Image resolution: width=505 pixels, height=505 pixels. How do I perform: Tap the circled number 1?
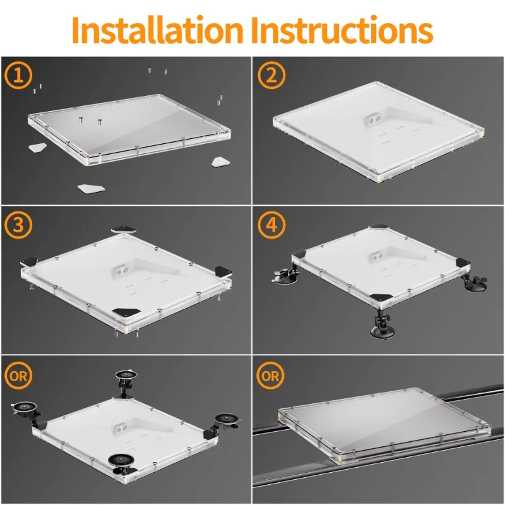[x=18, y=75]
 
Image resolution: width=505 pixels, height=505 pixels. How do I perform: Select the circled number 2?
[x=271, y=75]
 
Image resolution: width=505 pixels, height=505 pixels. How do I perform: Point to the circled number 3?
[x=18, y=225]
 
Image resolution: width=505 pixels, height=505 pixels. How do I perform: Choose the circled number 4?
[x=271, y=225]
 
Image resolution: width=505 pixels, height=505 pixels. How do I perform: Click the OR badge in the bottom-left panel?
[x=18, y=375]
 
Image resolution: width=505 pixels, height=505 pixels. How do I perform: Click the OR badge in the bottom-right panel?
[x=271, y=375]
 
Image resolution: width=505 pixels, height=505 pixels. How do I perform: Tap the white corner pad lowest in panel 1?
[x=91, y=188]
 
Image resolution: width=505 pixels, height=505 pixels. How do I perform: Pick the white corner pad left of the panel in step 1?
[x=38, y=148]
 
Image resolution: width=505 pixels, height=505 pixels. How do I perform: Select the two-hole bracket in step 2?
[x=372, y=121]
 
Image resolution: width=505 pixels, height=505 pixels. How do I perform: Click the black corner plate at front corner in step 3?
[x=127, y=312]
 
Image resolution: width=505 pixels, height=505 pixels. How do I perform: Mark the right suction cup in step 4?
[x=475, y=280]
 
